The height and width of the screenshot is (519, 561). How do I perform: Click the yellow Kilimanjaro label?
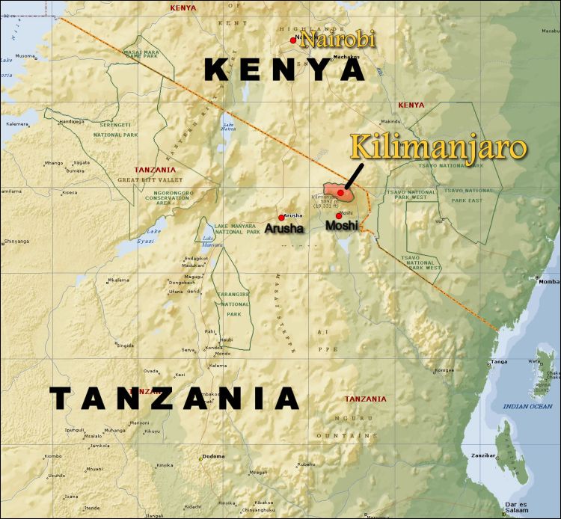click(x=439, y=147)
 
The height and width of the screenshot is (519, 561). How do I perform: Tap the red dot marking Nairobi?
click(x=293, y=40)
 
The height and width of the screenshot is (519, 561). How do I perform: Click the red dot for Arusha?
click(x=281, y=218)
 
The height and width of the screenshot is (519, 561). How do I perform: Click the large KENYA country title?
click(x=284, y=70)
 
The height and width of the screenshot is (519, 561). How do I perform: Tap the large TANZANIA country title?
click(x=176, y=399)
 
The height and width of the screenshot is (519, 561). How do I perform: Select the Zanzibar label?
click(x=484, y=455)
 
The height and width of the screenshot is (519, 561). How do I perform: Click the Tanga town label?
click(x=499, y=361)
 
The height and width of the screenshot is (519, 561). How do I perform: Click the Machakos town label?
click(x=346, y=56)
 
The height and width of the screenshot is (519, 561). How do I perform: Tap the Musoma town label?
click(x=25, y=56)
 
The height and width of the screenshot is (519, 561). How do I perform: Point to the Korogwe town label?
click(x=444, y=369)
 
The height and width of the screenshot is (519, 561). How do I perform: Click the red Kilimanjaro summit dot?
click(x=340, y=192)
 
